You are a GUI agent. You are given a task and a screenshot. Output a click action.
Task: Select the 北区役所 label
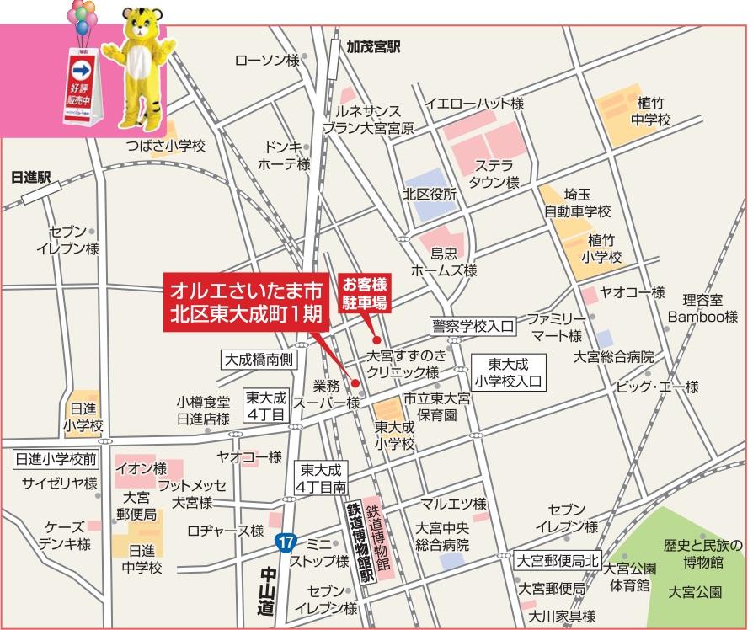point(430,194)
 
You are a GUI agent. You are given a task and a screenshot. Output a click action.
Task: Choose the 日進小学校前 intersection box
point(56,459)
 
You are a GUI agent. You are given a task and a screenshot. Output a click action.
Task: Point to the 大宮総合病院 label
point(613,357)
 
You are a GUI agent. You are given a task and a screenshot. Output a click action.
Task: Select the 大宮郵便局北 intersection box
point(557,559)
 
